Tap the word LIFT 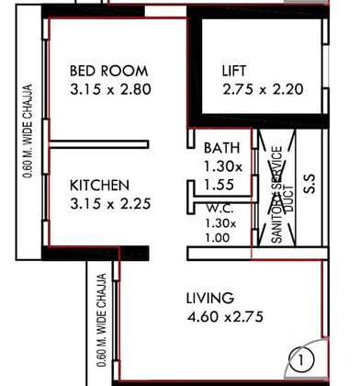tap(234, 71)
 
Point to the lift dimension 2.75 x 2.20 tap(262, 90)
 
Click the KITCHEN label tap(99, 185)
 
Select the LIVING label tap(209, 299)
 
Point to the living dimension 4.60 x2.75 tap(225, 319)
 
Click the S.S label tap(309, 184)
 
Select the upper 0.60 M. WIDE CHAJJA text tap(29, 131)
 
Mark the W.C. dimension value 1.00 tap(217, 236)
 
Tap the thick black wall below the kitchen tap(96, 253)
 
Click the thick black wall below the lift tap(261, 120)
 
